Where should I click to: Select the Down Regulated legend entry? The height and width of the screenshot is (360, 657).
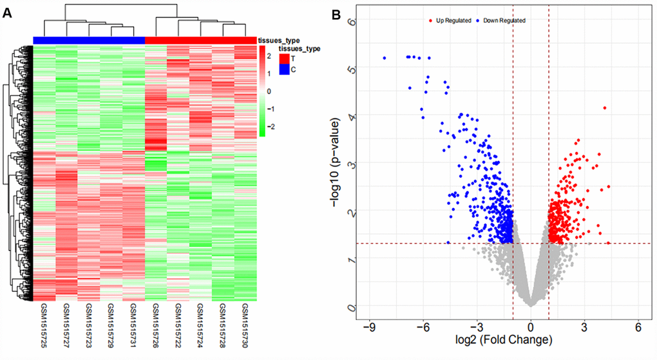[x=500, y=21]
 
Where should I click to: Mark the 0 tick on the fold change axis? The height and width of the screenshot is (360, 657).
[x=530, y=326]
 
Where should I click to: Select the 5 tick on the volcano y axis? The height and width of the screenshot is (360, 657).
[x=351, y=67]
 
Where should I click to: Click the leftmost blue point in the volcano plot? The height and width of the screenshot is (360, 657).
[x=385, y=58]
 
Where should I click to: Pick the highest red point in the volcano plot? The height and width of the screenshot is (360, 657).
[x=605, y=108]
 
